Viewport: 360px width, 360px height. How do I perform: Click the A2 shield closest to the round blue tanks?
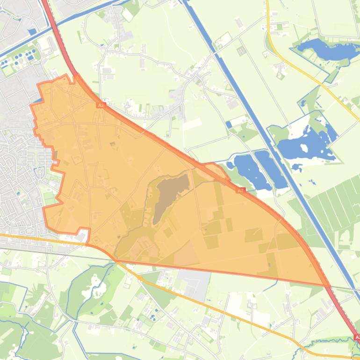click(100, 106)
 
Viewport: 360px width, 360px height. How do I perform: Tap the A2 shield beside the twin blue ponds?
click(240, 190)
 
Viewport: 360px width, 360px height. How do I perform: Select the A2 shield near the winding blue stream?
click(357, 337)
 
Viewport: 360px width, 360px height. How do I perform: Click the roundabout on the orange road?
click(139, 278)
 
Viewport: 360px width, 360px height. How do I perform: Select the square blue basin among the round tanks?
click(32, 32)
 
